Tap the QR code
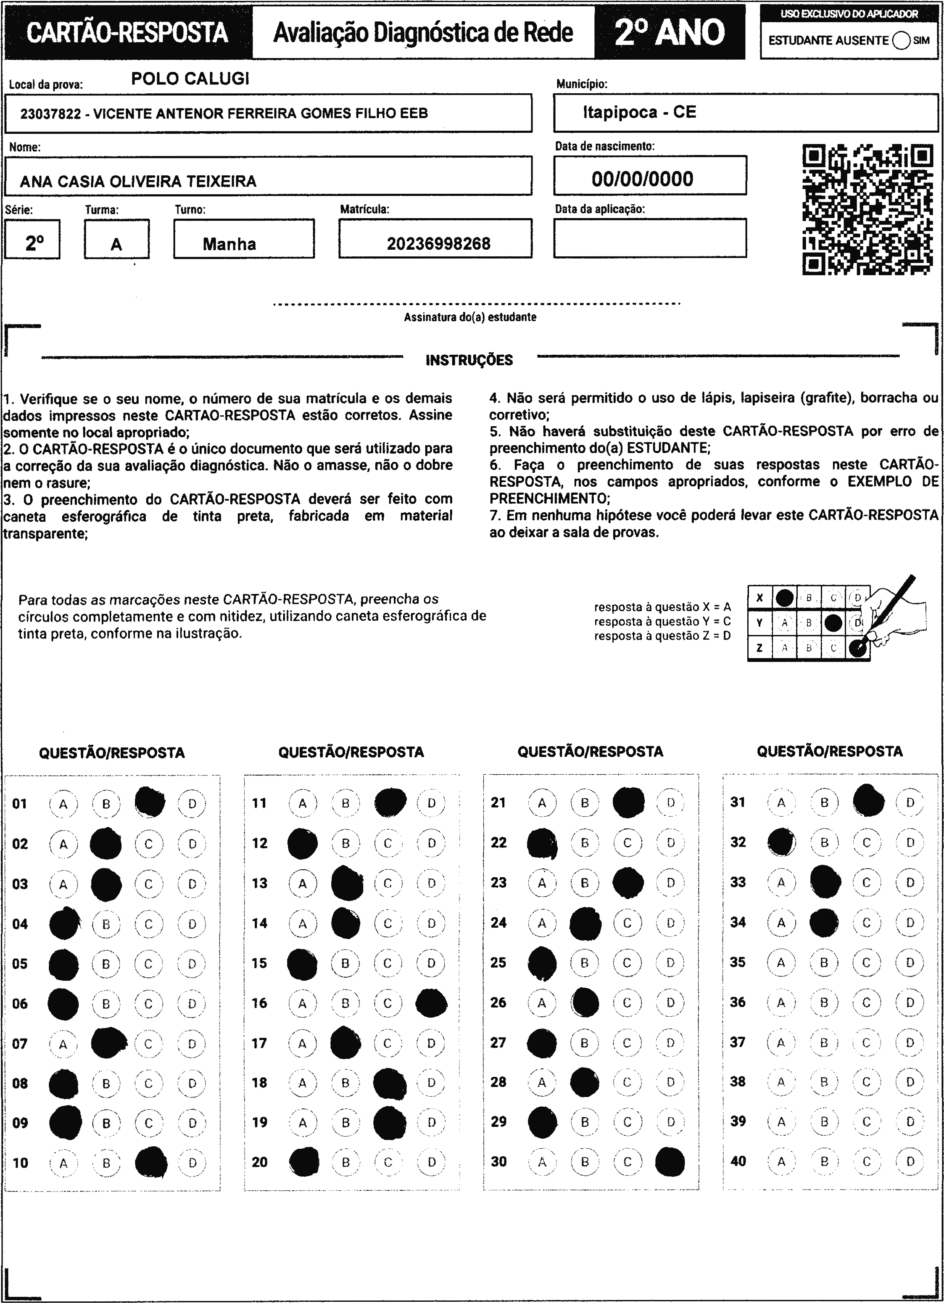pyautogui.click(x=868, y=210)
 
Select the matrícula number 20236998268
pyautogui.click(x=438, y=244)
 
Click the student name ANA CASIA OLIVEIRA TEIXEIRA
pyautogui.click(x=138, y=182)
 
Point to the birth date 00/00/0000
pyautogui.click(x=642, y=179)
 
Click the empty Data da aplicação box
pyautogui.click(x=650, y=238)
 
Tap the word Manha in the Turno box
pyautogui.click(x=229, y=244)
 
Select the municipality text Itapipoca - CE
pyautogui.click(x=639, y=112)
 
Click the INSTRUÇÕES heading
pyautogui.click(x=469, y=360)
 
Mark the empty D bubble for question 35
pyautogui.click(x=910, y=962)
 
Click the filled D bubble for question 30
pyautogui.click(x=670, y=1162)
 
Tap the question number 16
pyautogui.click(x=259, y=1002)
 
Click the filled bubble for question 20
pyautogui.click(x=304, y=1162)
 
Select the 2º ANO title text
pyautogui.click(x=670, y=32)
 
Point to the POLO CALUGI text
pyautogui.click(x=190, y=79)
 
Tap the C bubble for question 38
pyautogui.click(x=866, y=1082)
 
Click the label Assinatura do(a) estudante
pyautogui.click(x=470, y=317)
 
